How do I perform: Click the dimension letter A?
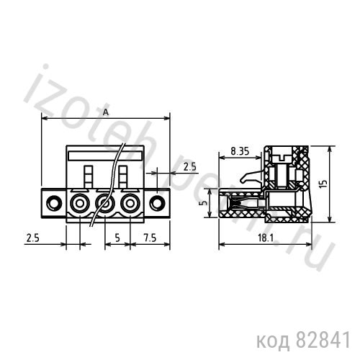point(106,112)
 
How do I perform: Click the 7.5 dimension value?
point(149,237)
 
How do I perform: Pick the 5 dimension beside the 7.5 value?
point(117,237)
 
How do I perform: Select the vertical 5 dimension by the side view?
point(204,204)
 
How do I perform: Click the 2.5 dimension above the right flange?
point(189,166)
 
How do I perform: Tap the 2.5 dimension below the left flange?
point(33,237)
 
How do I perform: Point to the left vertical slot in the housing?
point(89,176)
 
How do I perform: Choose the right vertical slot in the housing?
point(122,176)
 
